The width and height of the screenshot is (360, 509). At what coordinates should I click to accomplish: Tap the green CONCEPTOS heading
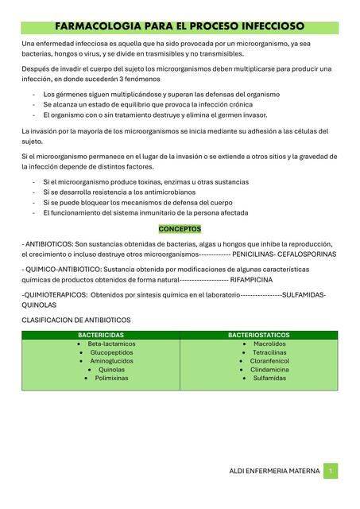[x=180, y=228]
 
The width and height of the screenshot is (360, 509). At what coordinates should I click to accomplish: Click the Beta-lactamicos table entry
[x=111, y=344]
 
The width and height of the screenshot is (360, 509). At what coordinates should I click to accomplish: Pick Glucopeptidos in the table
[x=111, y=352]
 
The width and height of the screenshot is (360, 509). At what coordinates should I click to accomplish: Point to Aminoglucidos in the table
[x=111, y=361]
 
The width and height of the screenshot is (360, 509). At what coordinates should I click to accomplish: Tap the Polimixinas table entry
[x=111, y=379]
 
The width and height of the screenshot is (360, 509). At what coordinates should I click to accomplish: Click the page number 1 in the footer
[x=331, y=471]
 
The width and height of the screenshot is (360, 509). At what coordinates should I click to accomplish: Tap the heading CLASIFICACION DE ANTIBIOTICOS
[x=75, y=320]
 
